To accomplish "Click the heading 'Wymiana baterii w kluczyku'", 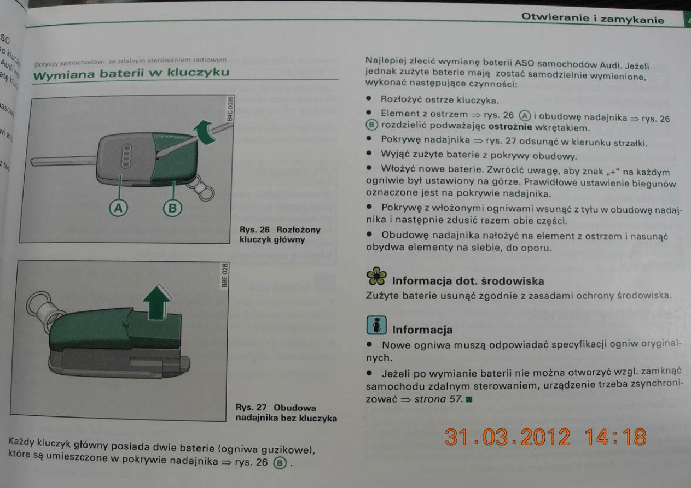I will [131, 73].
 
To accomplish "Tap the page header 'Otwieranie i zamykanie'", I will [593, 20].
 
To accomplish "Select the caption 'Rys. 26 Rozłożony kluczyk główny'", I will [280, 234].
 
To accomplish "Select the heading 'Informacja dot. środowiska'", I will [468, 281].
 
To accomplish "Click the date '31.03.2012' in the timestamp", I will [508, 438].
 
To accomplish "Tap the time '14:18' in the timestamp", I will [615, 438].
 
